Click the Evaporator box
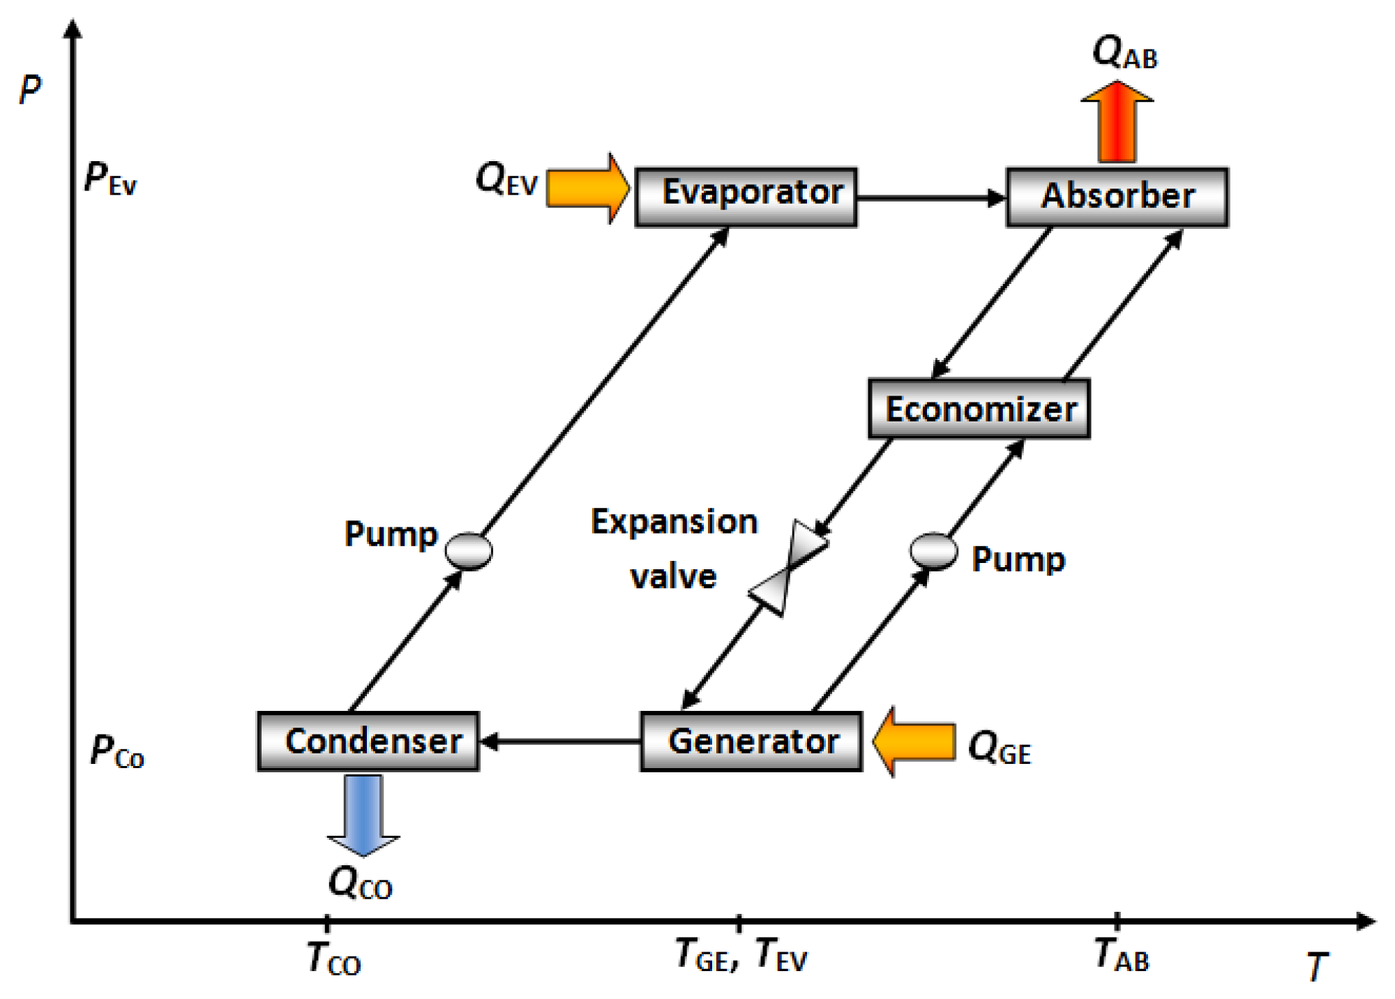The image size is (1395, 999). (x=746, y=197)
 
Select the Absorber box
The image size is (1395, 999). (x=1117, y=197)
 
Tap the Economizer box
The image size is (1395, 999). (x=979, y=409)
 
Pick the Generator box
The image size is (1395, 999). (x=751, y=741)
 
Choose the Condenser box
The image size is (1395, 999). (x=368, y=741)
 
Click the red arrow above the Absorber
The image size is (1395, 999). (x=1117, y=122)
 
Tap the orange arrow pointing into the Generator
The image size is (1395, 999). (x=914, y=741)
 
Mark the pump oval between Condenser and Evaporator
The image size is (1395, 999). (x=469, y=550)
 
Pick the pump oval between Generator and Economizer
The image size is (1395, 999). (x=933, y=550)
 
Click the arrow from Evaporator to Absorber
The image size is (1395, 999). (x=931, y=199)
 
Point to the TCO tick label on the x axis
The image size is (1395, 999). (x=333, y=959)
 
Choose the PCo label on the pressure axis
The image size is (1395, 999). (x=116, y=752)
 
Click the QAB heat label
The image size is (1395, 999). (x=1124, y=52)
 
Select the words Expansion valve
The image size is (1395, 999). (x=674, y=549)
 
